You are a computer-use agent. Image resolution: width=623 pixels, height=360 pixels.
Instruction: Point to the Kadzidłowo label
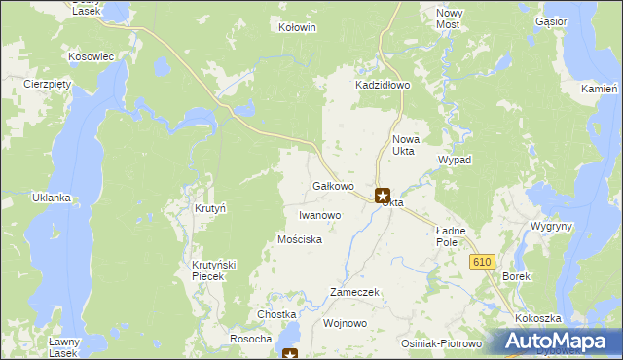[383, 86]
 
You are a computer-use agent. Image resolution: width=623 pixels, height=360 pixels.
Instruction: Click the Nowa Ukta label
[404, 145]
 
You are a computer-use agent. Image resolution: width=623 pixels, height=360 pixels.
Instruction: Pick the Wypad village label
[455, 160]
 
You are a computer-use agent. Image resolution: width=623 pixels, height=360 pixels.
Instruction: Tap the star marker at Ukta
[383, 196]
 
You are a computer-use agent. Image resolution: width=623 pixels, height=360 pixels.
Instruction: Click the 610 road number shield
[482, 262]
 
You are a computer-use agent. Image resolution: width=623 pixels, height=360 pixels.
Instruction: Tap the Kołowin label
[298, 28]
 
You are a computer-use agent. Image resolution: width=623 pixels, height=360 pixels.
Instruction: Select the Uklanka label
[52, 198]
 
